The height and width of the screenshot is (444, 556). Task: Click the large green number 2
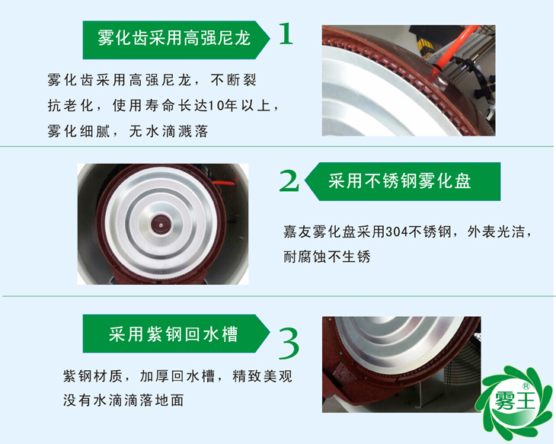coord(289,180)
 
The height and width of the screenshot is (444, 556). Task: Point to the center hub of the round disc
coord(162,224)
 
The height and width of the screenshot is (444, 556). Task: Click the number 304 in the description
coord(397,232)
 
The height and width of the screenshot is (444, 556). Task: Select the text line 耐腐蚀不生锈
coord(326,257)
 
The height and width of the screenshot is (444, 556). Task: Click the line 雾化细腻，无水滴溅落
coord(126,131)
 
